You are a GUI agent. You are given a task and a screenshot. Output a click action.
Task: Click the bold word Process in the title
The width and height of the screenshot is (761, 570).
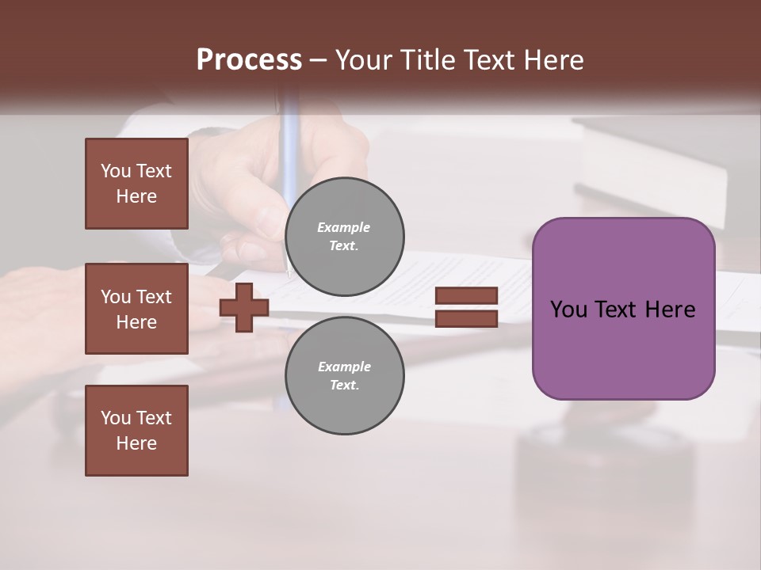249,60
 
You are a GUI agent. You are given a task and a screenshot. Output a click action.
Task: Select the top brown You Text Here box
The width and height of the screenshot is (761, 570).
136,184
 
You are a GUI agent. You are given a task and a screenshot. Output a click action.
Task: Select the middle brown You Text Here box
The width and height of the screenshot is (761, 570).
136,309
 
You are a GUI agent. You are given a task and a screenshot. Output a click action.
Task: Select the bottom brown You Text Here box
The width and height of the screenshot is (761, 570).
136,431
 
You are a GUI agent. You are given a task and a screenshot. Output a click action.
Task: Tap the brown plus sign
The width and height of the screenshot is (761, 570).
244,307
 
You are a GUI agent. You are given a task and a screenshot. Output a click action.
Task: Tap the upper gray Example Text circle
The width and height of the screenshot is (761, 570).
344,237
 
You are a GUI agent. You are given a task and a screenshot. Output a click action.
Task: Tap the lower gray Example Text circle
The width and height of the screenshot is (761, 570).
344,375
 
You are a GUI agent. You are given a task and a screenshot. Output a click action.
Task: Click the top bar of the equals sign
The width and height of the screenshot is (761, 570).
466,296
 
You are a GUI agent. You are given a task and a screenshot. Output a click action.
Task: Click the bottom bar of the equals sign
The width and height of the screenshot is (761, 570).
466,318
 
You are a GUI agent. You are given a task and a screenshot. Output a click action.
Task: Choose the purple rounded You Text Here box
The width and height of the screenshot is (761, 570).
623,309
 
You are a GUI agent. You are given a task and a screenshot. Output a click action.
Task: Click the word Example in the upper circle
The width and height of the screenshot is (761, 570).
344,227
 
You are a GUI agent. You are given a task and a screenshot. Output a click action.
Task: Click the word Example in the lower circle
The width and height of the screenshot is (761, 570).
344,367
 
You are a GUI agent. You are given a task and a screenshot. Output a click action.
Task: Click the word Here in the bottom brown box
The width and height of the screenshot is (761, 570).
136,443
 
